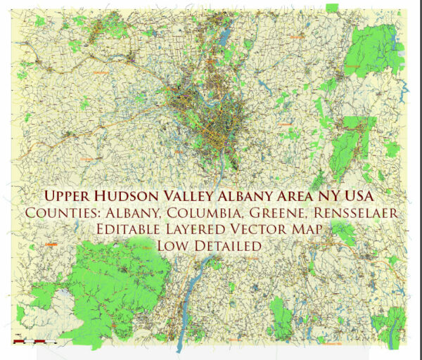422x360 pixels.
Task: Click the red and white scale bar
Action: (34, 342)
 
